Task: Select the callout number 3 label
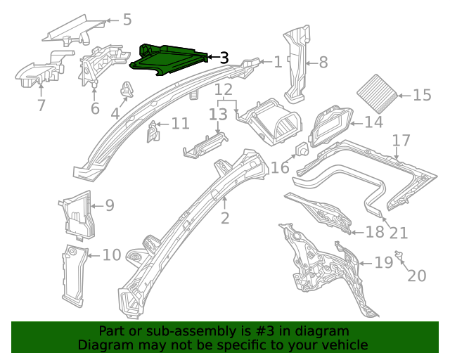pos(224,58)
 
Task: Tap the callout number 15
pos(422,96)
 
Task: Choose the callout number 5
pos(127,19)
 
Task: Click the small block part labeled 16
pos(301,150)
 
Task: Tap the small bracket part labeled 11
pos(152,130)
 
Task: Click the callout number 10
pos(112,254)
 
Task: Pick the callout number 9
pos(109,205)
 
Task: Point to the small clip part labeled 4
pos(128,89)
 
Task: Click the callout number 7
pos(41,105)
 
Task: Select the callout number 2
pos(224,218)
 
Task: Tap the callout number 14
pos(373,122)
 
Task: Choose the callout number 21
pos(398,233)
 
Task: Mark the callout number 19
pos(383,263)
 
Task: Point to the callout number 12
pos(223,89)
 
